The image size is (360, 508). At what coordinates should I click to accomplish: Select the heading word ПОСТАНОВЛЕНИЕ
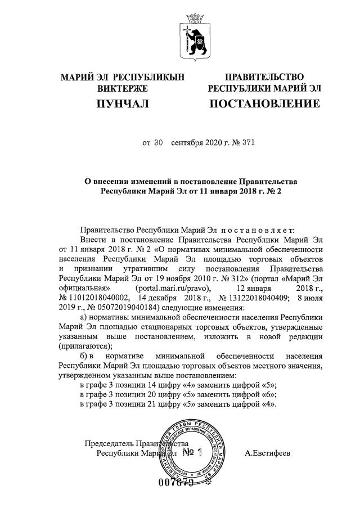pos(264,104)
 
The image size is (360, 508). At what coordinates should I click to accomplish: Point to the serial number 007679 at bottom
pos(176,483)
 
